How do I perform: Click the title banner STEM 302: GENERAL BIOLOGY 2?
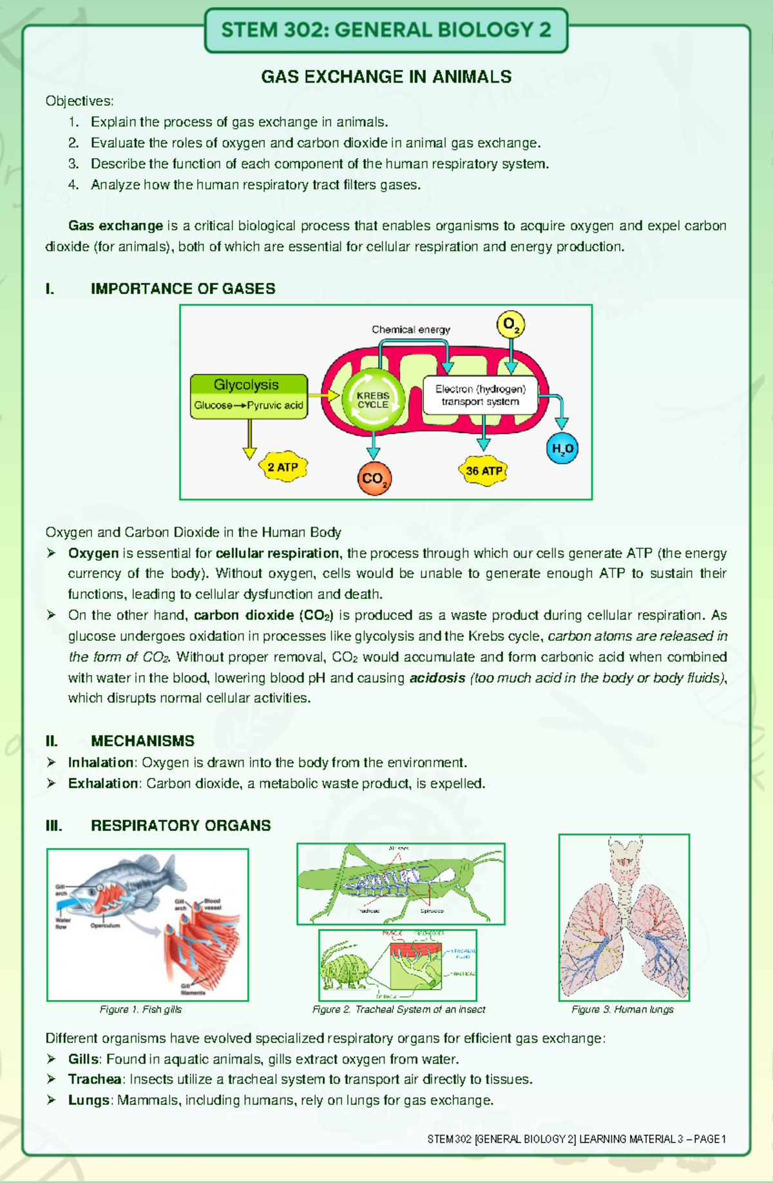(x=386, y=30)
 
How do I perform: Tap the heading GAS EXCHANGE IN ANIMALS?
(x=386, y=77)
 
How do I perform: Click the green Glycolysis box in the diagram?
(x=248, y=395)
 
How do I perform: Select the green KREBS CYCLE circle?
(x=373, y=400)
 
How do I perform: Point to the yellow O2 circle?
(x=510, y=325)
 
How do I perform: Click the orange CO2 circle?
(x=374, y=479)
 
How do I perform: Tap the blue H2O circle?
(x=562, y=449)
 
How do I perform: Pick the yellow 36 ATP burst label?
(x=483, y=471)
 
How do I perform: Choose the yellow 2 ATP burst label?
(x=282, y=467)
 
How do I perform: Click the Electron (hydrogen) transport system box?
(x=480, y=395)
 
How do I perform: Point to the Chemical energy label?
(x=410, y=329)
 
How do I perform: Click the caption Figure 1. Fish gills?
(x=140, y=1009)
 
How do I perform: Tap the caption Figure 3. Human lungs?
(x=622, y=1009)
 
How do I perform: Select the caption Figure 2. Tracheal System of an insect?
(x=399, y=1009)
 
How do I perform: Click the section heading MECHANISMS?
(x=142, y=741)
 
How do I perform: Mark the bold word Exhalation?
(x=103, y=783)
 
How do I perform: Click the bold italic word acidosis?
(x=437, y=678)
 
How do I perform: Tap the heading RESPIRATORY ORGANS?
(x=180, y=825)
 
